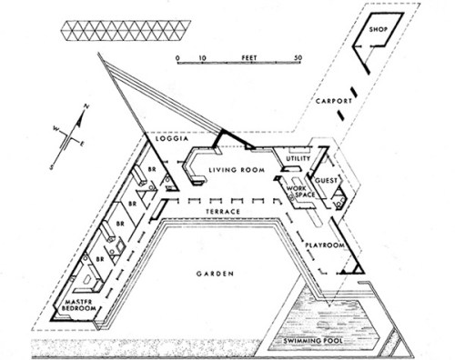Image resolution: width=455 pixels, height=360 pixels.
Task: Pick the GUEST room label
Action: click(329, 181)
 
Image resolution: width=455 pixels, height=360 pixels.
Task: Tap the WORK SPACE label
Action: click(301, 195)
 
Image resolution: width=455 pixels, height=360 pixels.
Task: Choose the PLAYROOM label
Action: click(323, 245)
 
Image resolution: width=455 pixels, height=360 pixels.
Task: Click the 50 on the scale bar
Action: click(300, 56)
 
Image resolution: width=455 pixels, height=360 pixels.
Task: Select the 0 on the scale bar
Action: click(179, 56)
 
